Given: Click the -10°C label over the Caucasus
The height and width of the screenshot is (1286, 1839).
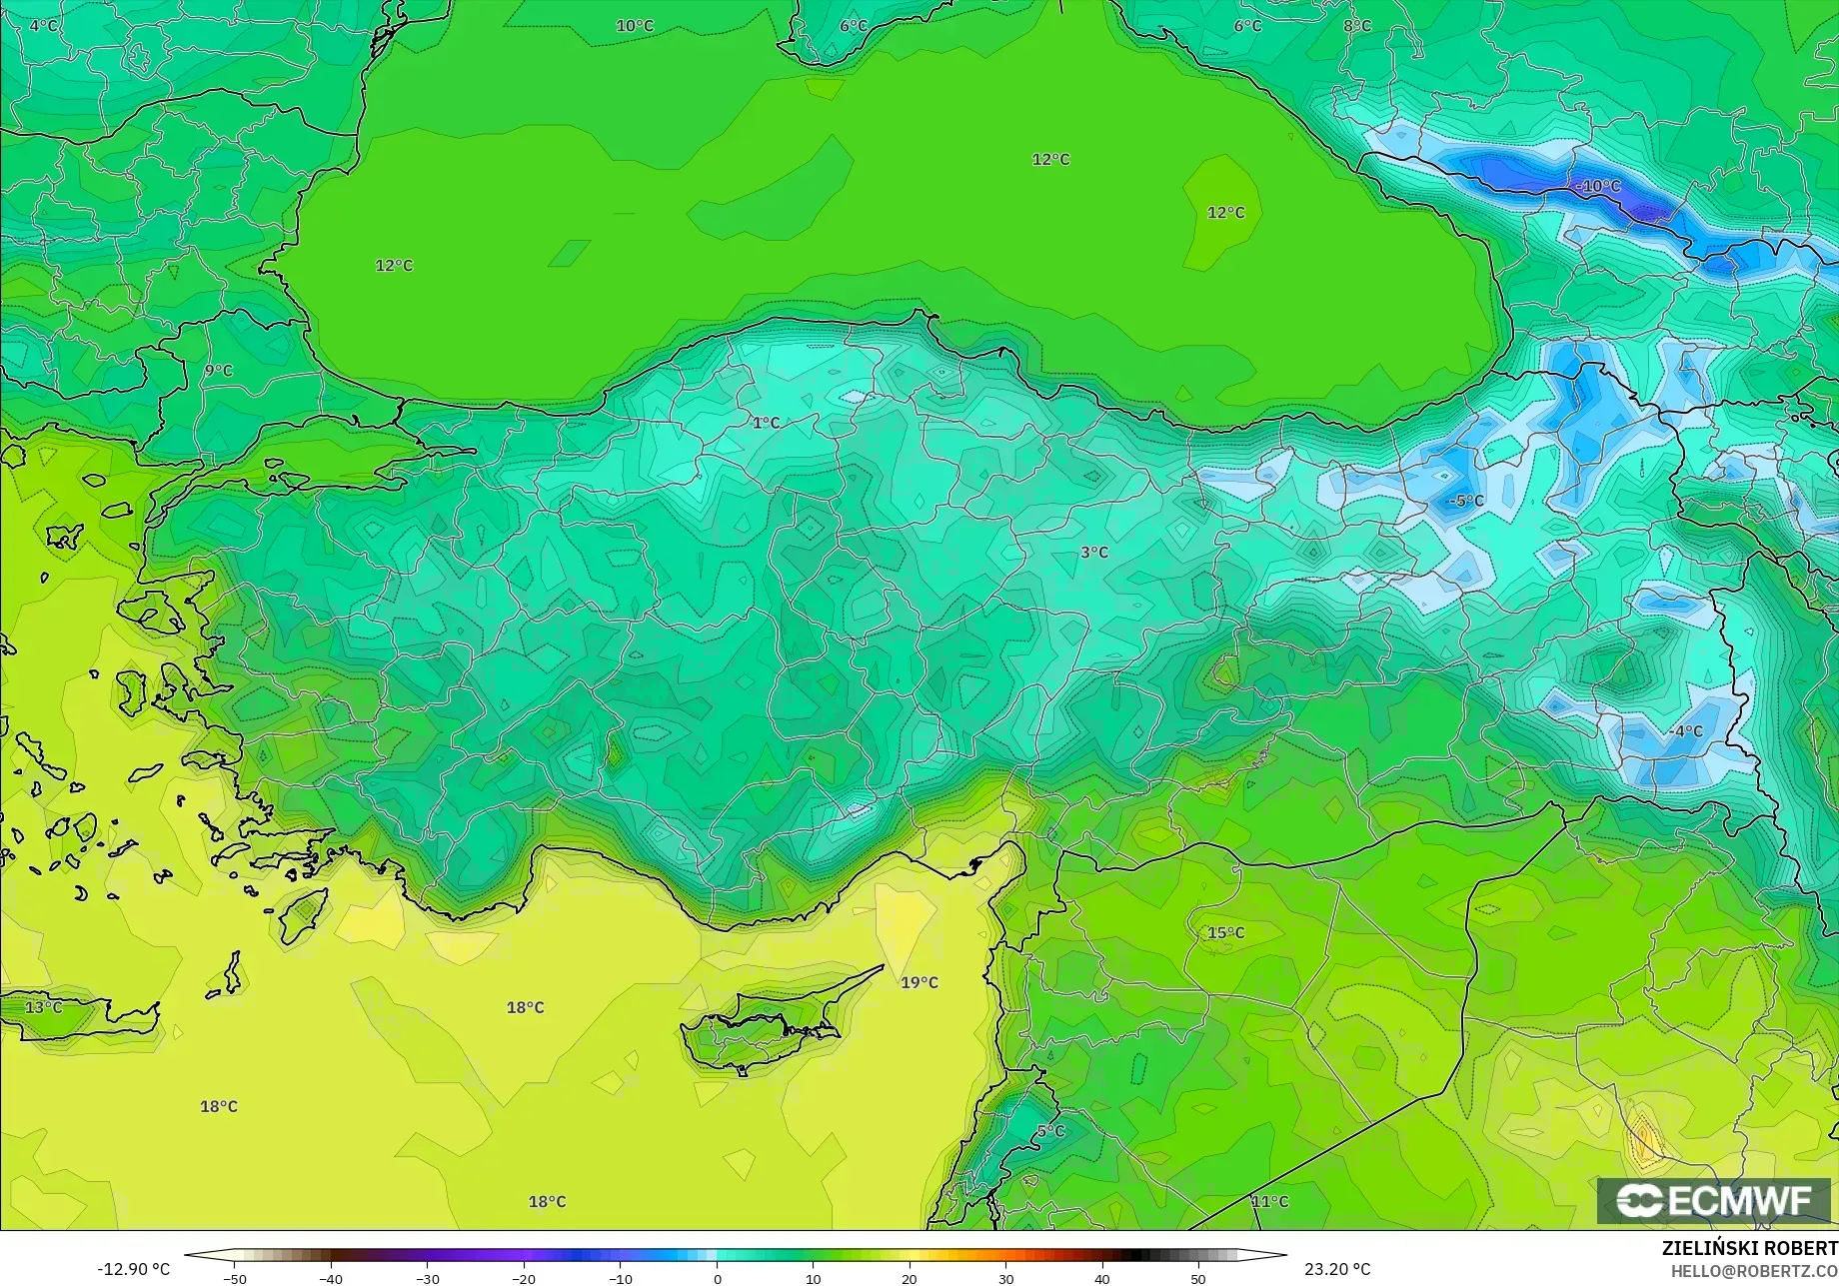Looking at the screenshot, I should point(1598,186).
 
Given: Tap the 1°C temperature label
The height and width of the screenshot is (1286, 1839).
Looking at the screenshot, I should point(766,423).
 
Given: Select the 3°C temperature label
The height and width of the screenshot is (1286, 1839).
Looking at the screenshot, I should point(1094,552).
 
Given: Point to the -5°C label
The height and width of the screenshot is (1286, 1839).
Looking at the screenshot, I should point(1466,501).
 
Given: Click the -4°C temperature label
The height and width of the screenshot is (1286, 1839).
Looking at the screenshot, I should point(1685,731).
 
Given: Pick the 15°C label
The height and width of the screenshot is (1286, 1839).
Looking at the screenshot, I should point(1226,933).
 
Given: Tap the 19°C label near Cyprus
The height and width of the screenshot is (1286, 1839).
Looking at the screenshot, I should point(919,982).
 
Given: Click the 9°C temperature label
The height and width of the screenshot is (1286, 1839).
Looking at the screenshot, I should point(218,371).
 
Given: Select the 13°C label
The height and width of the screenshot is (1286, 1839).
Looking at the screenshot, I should point(43,1007).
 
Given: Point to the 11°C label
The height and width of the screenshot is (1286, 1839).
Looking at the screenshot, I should point(1269,1202).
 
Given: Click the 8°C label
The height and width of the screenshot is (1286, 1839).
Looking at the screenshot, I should point(1357,26).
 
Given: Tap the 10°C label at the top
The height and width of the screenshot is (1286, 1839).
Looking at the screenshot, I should point(635,26).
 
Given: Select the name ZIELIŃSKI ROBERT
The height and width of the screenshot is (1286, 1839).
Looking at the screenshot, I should point(1749,1248).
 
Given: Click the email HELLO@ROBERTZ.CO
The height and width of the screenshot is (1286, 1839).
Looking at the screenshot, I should point(1754,1270).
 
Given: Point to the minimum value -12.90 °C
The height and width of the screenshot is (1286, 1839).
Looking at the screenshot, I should point(134,1269).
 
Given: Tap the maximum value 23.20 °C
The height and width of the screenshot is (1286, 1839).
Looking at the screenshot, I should point(1338,1269).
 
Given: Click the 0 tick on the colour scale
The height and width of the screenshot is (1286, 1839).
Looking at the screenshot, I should point(717,1278).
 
